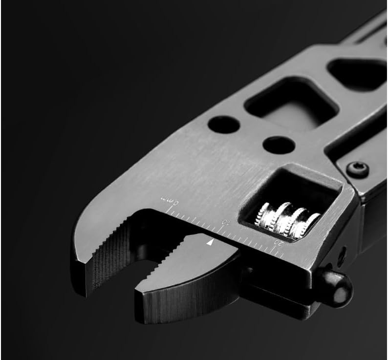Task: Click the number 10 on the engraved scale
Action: pos(224,223)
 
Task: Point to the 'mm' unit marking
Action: pos(167,199)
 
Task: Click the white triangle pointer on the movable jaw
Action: pos(210,242)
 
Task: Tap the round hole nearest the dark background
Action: pos(223,124)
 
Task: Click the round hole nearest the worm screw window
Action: pos(279,145)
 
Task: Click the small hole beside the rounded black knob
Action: pos(342,254)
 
